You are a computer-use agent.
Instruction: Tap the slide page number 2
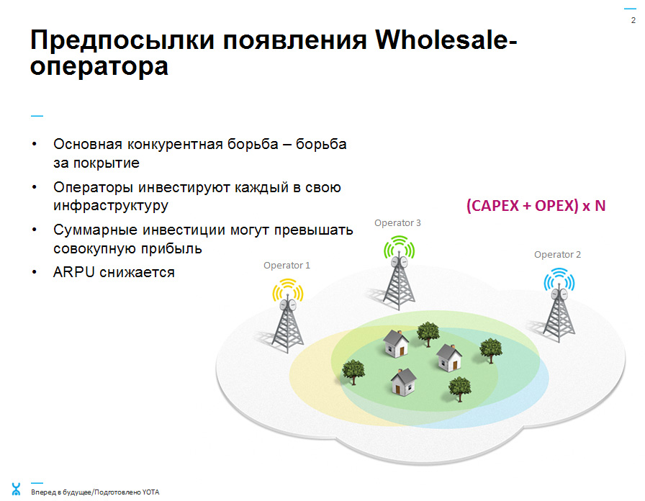click(633, 20)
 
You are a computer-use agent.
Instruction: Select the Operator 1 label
click(287, 266)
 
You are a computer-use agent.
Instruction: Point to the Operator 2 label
click(557, 255)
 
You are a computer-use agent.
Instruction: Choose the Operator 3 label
click(397, 223)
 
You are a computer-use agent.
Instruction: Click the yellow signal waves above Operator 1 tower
click(287, 289)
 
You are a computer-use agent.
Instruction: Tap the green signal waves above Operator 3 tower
click(399, 246)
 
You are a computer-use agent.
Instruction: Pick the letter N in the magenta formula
click(600, 206)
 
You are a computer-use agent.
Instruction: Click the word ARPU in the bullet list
click(74, 272)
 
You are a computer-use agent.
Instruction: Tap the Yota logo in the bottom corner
click(16, 489)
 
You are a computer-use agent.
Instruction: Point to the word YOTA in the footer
click(150, 492)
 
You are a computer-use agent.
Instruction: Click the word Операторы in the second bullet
click(94, 188)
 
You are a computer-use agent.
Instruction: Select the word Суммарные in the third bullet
click(96, 230)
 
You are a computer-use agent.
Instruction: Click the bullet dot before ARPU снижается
click(35, 272)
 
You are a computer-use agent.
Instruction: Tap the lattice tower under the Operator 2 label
click(559, 315)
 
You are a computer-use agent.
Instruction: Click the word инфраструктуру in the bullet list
click(111, 206)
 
